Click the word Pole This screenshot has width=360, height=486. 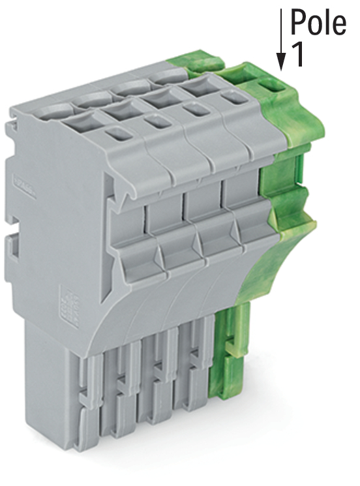[318, 22]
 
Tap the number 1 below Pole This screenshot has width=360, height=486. [297, 54]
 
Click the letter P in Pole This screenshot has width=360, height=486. [299, 22]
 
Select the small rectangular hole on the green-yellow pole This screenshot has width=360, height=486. [272, 85]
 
